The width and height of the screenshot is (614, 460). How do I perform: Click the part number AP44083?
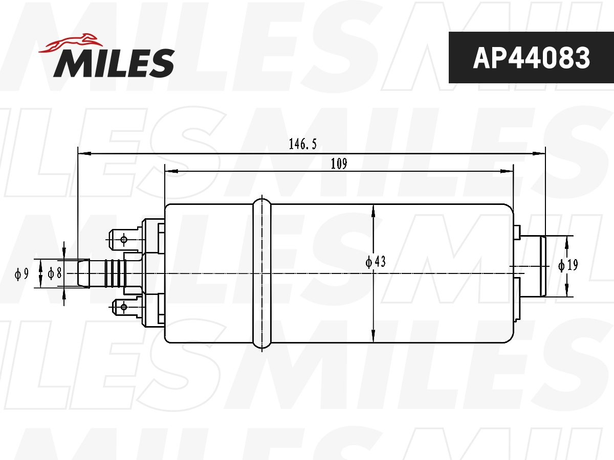point(531,58)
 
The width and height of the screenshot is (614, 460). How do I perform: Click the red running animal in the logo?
point(70,44)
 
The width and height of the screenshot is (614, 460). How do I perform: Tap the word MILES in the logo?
point(114,62)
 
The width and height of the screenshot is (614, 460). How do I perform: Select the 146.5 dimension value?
point(303,145)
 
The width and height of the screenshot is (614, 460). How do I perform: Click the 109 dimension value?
point(339,164)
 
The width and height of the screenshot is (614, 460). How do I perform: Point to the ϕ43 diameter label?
point(376,262)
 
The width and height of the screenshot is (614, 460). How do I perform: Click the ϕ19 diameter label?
point(568,265)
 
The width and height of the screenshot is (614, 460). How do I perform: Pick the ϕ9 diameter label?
point(21,274)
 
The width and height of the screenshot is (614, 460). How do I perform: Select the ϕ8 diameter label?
point(55,273)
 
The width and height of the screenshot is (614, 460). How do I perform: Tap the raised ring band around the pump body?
point(262,273)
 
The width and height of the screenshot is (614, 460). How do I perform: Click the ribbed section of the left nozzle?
point(114,273)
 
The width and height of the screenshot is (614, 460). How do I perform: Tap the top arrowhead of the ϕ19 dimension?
point(567,242)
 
